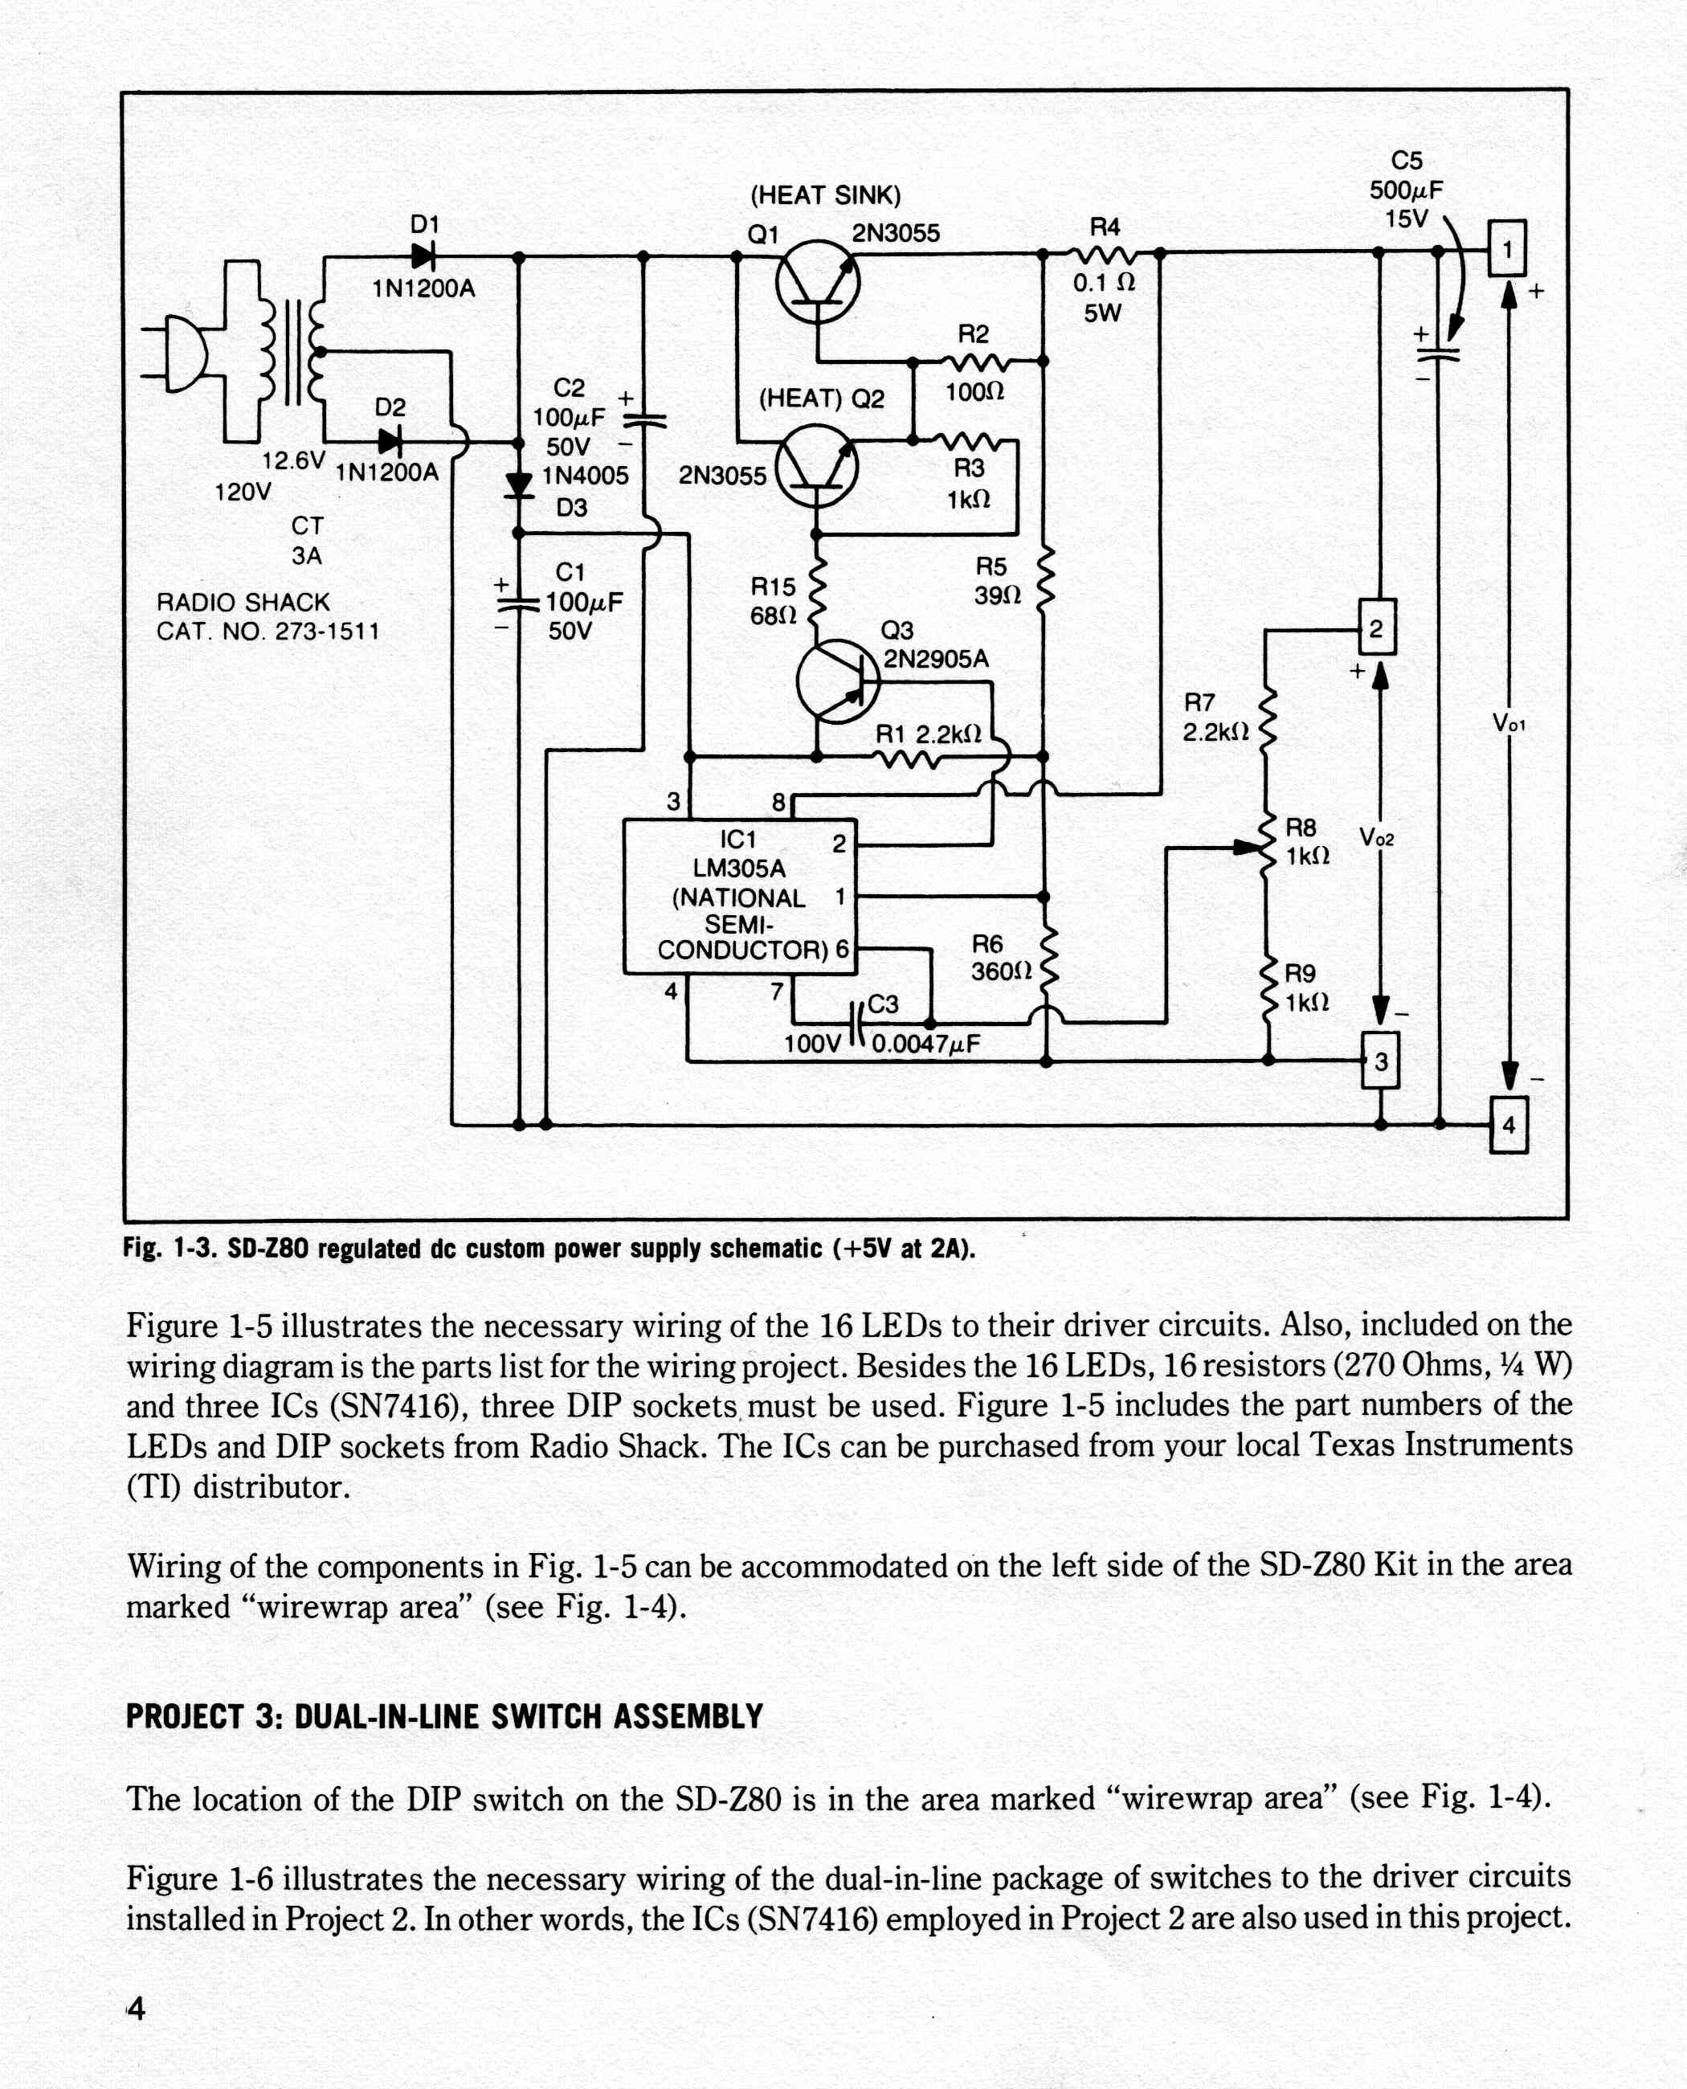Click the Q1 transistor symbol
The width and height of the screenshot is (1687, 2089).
coord(819,283)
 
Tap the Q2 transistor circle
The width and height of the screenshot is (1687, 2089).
coord(817,468)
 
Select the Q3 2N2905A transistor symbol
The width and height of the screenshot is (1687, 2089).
coord(838,681)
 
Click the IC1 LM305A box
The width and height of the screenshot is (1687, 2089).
coord(740,896)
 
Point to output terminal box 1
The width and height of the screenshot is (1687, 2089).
coord(1507,249)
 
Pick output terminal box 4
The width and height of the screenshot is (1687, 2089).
coord(1508,1125)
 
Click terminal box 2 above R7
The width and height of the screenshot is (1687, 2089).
coord(1377,627)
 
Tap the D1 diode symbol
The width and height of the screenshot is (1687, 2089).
coord(423,256)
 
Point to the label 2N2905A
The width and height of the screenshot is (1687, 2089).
coord(936,659)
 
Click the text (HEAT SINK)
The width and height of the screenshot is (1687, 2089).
coord(825,195)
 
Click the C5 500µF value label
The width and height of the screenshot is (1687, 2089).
coord(1406,190)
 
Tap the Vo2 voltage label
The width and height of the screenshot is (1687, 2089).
coord(1376,837)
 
